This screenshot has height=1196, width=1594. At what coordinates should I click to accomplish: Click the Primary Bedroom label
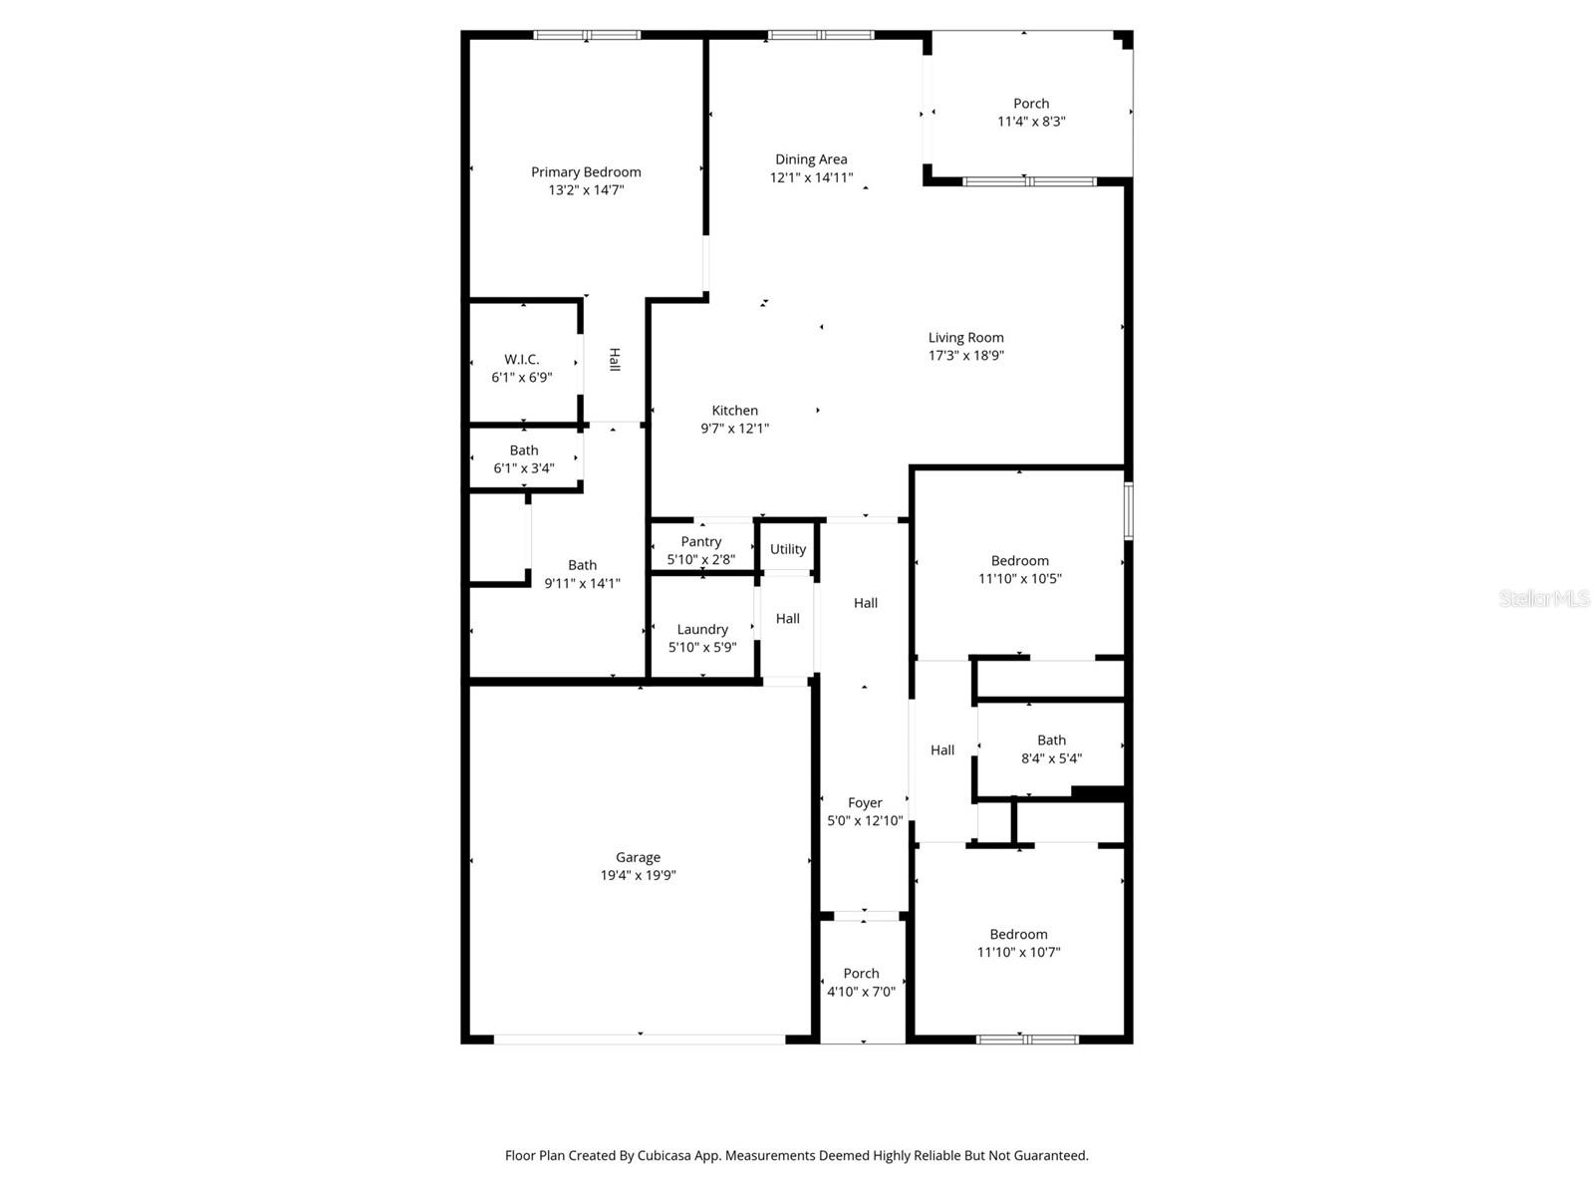pos(586,172)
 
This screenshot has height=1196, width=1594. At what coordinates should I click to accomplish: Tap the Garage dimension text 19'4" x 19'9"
pos(638,875)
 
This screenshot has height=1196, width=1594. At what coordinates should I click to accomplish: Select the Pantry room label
pos(701,542)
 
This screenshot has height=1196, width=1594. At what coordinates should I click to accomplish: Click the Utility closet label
pos(788,549)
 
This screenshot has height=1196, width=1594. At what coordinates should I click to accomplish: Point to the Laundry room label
pos(702,629)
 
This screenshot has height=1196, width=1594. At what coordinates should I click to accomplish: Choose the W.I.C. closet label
pos(521,360)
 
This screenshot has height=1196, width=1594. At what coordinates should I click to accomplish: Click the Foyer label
pos(865,803)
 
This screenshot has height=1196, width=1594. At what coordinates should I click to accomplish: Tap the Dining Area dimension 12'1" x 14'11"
pos(811,177)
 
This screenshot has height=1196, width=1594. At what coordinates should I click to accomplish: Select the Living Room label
pos(965,338)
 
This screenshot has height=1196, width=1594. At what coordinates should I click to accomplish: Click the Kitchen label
pos(735,411)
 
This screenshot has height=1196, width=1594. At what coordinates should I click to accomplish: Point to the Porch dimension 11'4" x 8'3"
pos(1031,122)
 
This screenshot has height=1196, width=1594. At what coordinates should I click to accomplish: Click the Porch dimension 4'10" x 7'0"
pos(861,992)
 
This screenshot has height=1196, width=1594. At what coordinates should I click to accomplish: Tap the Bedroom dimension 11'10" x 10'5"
pos(1019,578)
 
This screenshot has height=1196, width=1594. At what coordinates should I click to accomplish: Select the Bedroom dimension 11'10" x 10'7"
pos(1018,952)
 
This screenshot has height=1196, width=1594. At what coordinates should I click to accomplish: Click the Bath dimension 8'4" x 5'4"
pos(1051,758)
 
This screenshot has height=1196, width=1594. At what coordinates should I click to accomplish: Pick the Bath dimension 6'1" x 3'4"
pos(523,468)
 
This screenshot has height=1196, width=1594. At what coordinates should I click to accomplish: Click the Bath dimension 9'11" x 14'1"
pos(582,583)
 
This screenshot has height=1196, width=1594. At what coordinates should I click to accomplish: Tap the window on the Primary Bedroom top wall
pos(586,35)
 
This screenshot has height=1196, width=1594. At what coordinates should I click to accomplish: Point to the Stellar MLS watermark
pos(1544,599)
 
